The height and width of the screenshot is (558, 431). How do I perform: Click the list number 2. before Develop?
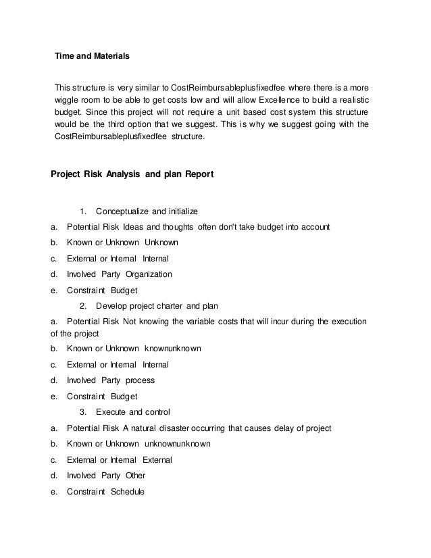(83, 306)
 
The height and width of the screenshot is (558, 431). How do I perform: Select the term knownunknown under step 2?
(173, 349)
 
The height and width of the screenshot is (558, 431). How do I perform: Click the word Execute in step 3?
(111, 411)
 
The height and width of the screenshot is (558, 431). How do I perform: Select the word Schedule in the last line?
(128, 491)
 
